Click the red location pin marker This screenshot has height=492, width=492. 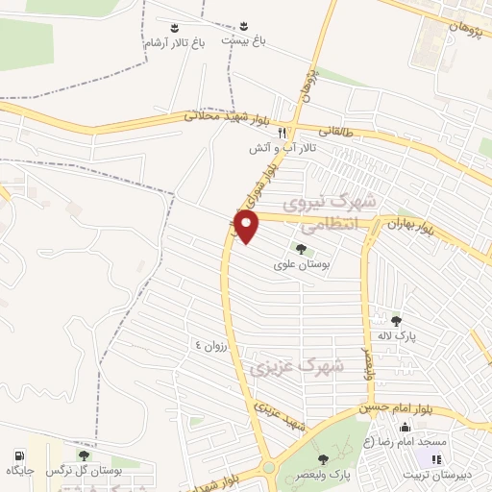coord(248,227)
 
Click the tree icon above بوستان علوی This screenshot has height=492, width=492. coord(301,250)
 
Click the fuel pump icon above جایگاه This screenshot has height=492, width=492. coord(19,455)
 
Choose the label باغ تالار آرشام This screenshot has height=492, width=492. coord(175,43)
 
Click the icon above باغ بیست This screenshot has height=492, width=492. coord(243,26)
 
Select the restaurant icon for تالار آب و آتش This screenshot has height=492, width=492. coord(283,134)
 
